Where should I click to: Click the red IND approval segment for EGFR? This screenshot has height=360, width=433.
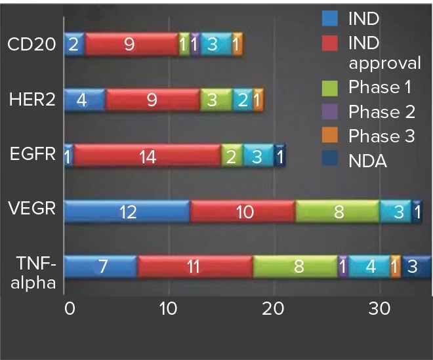147,156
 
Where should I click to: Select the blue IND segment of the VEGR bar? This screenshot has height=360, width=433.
127,212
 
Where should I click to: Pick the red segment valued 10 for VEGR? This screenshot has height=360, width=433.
243,212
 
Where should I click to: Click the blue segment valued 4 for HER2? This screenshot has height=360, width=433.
85,100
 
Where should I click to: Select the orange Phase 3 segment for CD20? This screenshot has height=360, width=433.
237,44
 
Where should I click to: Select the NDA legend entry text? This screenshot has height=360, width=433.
369,161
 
